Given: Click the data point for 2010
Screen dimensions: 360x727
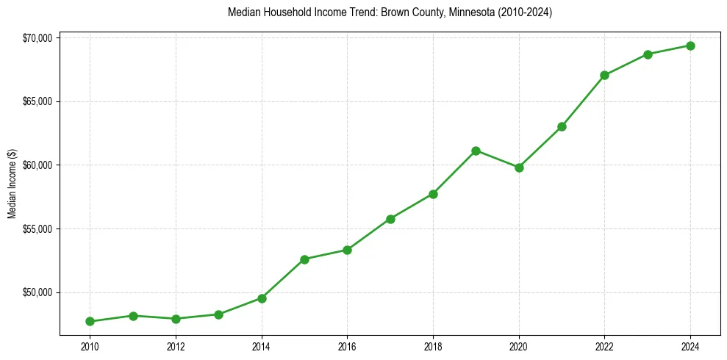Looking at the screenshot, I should click(90, 321).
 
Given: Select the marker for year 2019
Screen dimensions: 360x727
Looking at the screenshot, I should click(476, 151).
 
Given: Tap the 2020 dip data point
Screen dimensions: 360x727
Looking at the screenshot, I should click(519, 168).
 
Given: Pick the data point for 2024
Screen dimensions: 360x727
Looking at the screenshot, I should click(690, 46).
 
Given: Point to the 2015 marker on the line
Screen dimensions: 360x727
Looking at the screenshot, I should click(304, 259).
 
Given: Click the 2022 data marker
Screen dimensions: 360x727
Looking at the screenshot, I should click(604, 75).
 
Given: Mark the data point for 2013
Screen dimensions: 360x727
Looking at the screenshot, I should click(218, 314).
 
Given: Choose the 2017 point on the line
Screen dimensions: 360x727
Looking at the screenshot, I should click(390, 219).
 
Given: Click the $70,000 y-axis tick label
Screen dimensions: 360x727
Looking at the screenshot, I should click(36, 37).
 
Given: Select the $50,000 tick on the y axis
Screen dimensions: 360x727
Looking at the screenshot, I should click(36, 292).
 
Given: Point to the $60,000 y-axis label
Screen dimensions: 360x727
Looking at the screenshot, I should click(36, 165).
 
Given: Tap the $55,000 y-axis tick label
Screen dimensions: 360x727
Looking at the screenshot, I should click(36, 228).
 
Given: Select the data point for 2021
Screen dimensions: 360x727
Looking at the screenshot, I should click(562, 126).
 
